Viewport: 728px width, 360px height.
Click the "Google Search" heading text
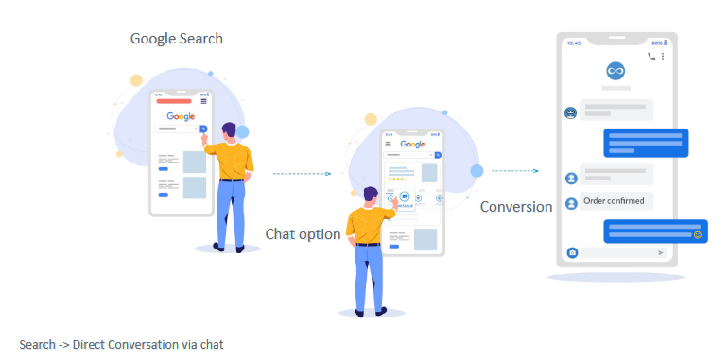coord(177,39)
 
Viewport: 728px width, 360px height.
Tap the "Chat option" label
coord(303,233)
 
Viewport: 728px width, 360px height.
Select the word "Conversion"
coord(515,207)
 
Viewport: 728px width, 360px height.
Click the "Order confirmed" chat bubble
coord(614,201)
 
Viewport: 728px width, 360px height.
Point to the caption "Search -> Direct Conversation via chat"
coord(121,344)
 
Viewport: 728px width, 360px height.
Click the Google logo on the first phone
coord(180,116)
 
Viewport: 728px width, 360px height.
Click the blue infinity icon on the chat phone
coord(616,71)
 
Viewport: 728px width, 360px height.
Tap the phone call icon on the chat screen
coord(650,56)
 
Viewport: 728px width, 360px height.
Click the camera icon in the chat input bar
coord(572,252)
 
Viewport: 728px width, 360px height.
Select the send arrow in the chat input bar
coord(660,252)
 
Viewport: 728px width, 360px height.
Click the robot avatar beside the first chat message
coord(571,113)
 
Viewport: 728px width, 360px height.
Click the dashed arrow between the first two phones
coord(302,174)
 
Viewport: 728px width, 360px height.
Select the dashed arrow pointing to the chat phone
coord(515,171)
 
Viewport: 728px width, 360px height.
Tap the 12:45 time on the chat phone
coord(574,43)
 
